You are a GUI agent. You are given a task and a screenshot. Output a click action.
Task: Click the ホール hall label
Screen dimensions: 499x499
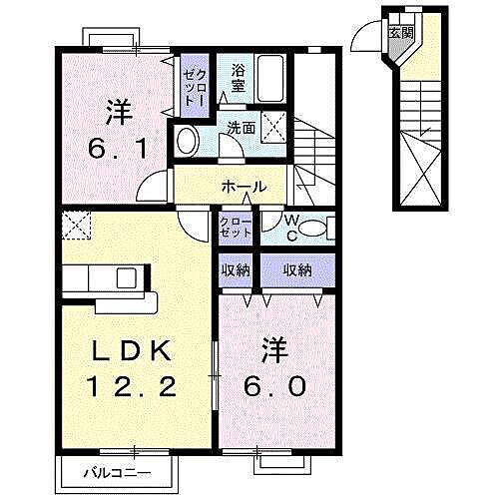point(244,187)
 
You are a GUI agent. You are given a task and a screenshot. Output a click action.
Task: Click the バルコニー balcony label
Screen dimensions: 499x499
point(117,470)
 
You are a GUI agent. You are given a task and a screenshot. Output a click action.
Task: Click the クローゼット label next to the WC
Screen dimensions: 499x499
point(237,228)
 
